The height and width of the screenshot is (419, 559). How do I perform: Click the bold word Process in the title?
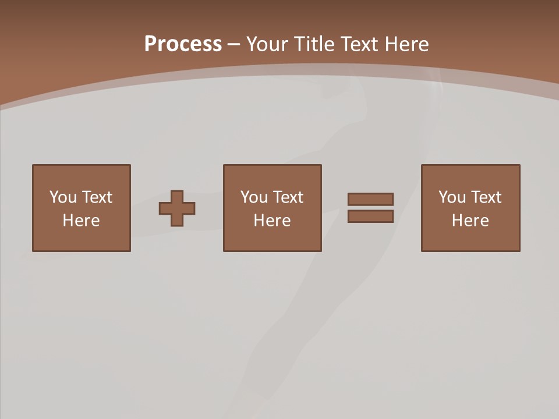[183, 44]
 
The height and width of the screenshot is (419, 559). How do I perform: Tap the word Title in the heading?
[314, 44]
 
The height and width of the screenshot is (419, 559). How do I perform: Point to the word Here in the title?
[407, 44]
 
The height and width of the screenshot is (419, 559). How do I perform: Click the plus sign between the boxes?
[177, 208]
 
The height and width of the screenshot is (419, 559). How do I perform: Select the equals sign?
[370, 208]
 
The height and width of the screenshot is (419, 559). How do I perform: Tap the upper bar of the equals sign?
[370, 200]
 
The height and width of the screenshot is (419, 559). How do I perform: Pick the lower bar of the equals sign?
[370, 216]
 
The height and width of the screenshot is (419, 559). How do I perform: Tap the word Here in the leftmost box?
[82, 221]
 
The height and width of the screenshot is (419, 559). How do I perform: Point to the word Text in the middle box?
[288, 197]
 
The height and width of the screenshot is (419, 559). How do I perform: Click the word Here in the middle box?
[273, 221]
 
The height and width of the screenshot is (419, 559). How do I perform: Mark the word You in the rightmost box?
[452, 197]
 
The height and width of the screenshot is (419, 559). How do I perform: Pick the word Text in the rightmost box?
[486, 197]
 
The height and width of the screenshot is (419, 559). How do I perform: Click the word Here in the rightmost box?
[470, 221]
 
